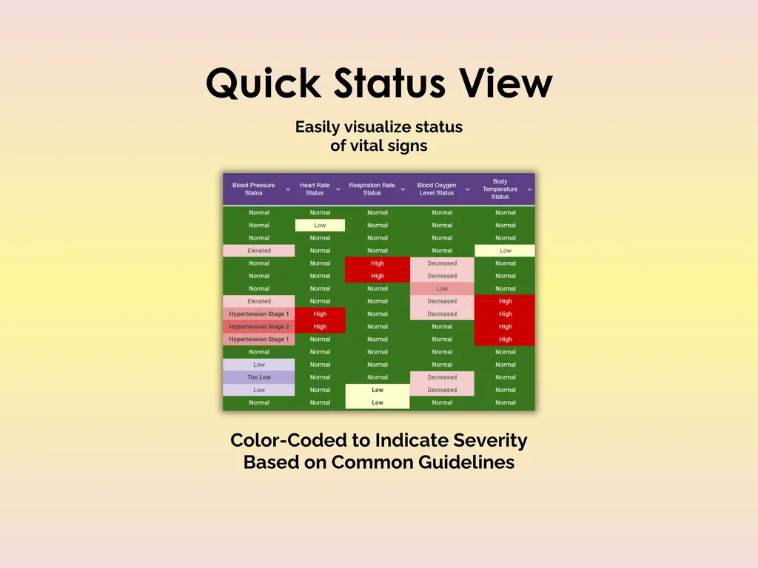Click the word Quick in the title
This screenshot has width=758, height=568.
click(x=263, y=83)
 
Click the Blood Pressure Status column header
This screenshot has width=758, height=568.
click(x=253, y=189)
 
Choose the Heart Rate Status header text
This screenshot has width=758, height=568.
click(x=315, y=189)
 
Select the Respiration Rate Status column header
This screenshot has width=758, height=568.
click(x=372, y=189)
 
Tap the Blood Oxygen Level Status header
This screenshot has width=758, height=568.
click(x=436, y=189)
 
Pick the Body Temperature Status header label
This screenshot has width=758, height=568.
click(x=500, y=189)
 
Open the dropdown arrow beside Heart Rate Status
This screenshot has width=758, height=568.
click(x=338, y=189)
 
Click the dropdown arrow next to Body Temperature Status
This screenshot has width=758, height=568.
click(x=530, y=189)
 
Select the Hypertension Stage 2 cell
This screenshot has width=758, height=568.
click(x=259, y=327)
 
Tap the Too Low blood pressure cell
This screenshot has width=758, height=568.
click(x=259, y=377)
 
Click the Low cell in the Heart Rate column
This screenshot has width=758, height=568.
click(x=320, y=226)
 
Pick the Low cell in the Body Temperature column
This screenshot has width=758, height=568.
click(x=506, y=251)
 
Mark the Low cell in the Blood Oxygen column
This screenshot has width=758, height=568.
click(x=442, y=288)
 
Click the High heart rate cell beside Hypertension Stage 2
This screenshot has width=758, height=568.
click(x=320, y=327)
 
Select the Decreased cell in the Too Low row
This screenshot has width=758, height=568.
click(x=442, y=377)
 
